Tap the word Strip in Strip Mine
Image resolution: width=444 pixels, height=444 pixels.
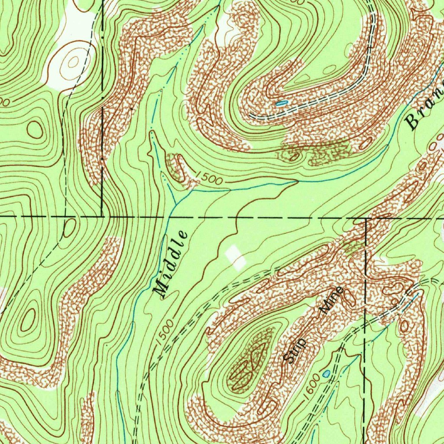pyautogui.click(x=295, y=350)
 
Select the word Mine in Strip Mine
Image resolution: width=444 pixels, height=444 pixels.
pyautogui.click(x=332, y=300)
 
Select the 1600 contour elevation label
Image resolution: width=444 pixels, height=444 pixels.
pyautogui.click(x=312, y=384)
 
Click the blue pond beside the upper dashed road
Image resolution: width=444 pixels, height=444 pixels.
pyautogui.click(x=281, y=103)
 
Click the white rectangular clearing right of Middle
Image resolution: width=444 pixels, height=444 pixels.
pyautogui.click(x=235, y=257)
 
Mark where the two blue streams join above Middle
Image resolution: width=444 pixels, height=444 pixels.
pyautogui.click(x=176, y=204)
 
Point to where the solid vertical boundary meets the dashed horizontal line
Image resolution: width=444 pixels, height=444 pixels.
pyautogui.click(x=102, y=215)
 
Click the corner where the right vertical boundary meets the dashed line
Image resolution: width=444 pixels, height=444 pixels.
pyautogui.click(x=366, y=219)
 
